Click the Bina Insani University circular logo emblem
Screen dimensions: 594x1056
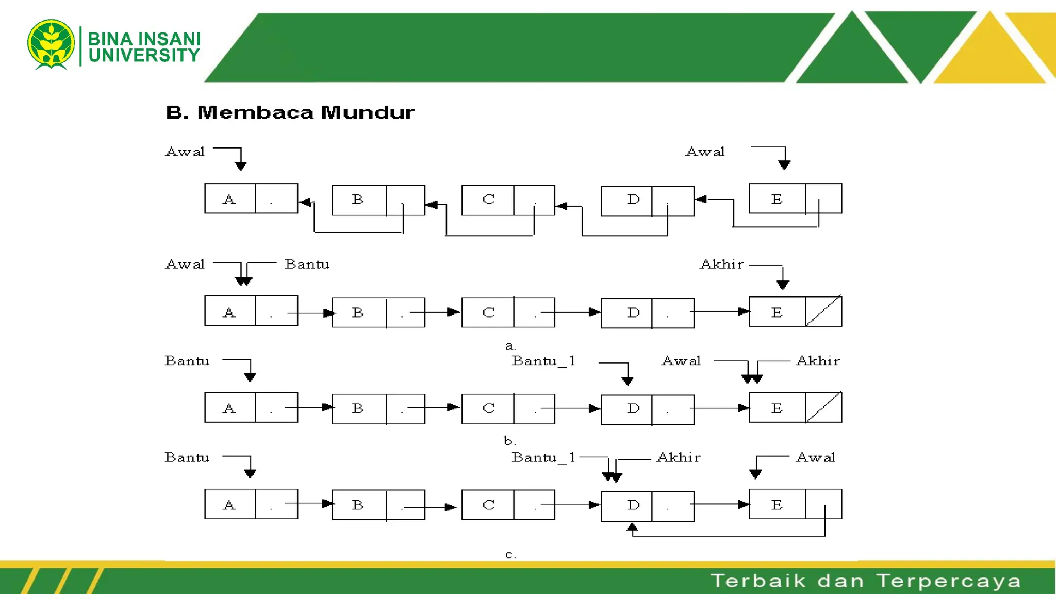pos(51,44)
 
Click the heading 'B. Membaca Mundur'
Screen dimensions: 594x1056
pos(290,112)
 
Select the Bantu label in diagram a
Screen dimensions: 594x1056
pos(307,265)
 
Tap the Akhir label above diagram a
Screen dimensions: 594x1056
pos(722,265)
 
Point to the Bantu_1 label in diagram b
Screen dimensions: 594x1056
pos(543,361)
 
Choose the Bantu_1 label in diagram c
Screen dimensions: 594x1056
pos(543,458)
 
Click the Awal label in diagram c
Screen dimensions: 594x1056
pos(815,458)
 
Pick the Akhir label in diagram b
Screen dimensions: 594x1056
pos(818,361)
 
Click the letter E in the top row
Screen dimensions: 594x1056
pos(777,200)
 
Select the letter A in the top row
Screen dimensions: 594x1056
pos(229,200)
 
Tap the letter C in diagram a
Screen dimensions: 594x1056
pos(488,312)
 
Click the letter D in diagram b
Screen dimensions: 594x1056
pos(633,408)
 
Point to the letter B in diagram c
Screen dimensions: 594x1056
pos(358,505)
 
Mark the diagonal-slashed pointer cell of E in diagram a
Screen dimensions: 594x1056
pos(823,311)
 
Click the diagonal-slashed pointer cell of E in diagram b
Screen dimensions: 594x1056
pos(823,407)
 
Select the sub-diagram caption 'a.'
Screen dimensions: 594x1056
pos(510,346)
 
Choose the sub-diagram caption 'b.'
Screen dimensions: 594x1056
pos(509,441)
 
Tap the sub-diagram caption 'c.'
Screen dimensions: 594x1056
pos(510,555)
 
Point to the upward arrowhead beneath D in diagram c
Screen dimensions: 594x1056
pos(632,527)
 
